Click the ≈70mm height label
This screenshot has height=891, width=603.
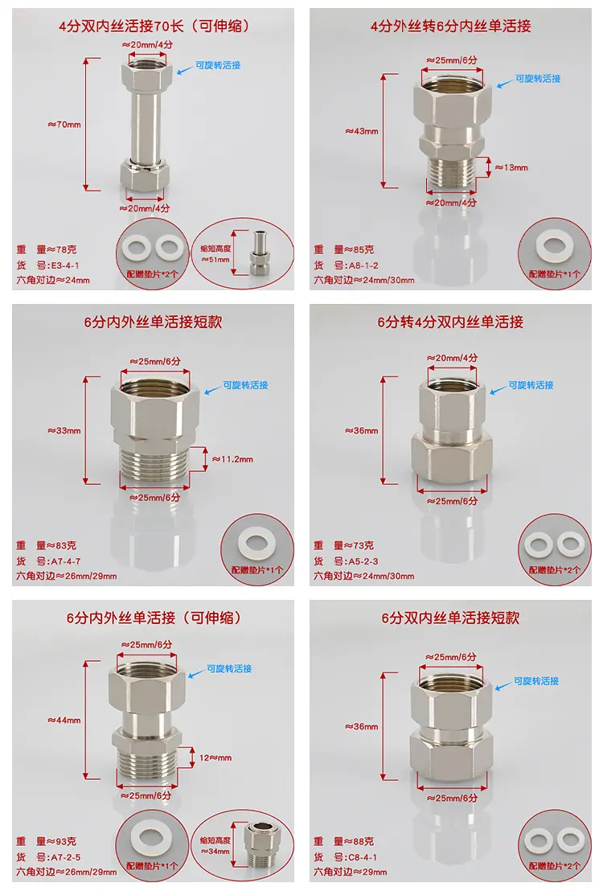click(x=64, y=125)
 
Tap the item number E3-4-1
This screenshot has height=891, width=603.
click(x=65, y=265)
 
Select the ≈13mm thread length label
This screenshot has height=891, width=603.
click(x=511, y=167)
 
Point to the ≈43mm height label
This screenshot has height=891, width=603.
click(x=362, y=131)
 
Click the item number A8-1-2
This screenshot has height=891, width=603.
click(x=363, y=265)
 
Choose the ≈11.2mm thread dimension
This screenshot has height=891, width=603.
click(x=232, y=459)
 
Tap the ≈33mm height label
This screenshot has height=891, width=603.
click(x=64, y=431)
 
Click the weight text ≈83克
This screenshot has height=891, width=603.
click(x=62, y=545)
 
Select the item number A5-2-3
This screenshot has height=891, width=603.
click(x=363, y=560)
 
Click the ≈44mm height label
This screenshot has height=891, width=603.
click(x=64, y=721)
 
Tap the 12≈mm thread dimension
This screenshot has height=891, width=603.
click(x=215, y=758)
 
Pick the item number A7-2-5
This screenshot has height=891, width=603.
click(x=66, y=857)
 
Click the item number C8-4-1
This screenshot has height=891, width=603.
click(x=363, y=857)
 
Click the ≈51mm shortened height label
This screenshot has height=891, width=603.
click(x=215, y=260)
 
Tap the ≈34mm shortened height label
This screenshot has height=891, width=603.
click(x=215, y=852)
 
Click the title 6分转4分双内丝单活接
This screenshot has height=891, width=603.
click(x=450, y=322)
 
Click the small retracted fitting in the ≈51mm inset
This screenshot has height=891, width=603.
click(x=259, y=252)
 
